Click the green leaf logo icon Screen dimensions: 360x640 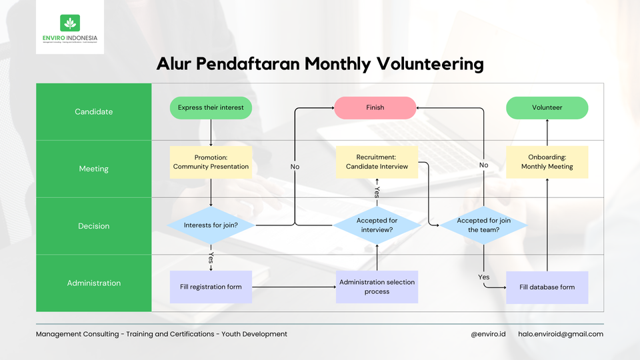69,23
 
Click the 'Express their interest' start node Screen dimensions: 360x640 211,107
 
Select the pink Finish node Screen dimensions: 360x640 375,107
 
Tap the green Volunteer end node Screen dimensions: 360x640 547,107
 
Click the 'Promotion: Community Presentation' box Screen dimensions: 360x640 211,162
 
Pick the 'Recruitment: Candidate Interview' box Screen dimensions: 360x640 377,162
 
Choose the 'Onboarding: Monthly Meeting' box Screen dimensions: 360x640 547,162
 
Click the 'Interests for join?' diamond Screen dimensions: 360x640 211,225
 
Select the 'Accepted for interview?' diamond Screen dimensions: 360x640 377,225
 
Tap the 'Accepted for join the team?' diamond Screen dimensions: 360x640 483,225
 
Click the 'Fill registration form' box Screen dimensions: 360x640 211,287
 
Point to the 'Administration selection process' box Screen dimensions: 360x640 377,287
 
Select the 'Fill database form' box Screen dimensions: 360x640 547,287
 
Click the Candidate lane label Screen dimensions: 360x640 94,112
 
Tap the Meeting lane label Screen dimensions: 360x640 94,169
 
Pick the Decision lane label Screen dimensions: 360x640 94,226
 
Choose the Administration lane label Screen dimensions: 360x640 94,283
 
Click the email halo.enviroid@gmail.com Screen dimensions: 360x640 560,334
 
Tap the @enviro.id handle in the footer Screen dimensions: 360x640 487,334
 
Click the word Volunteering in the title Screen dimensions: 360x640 430,64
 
